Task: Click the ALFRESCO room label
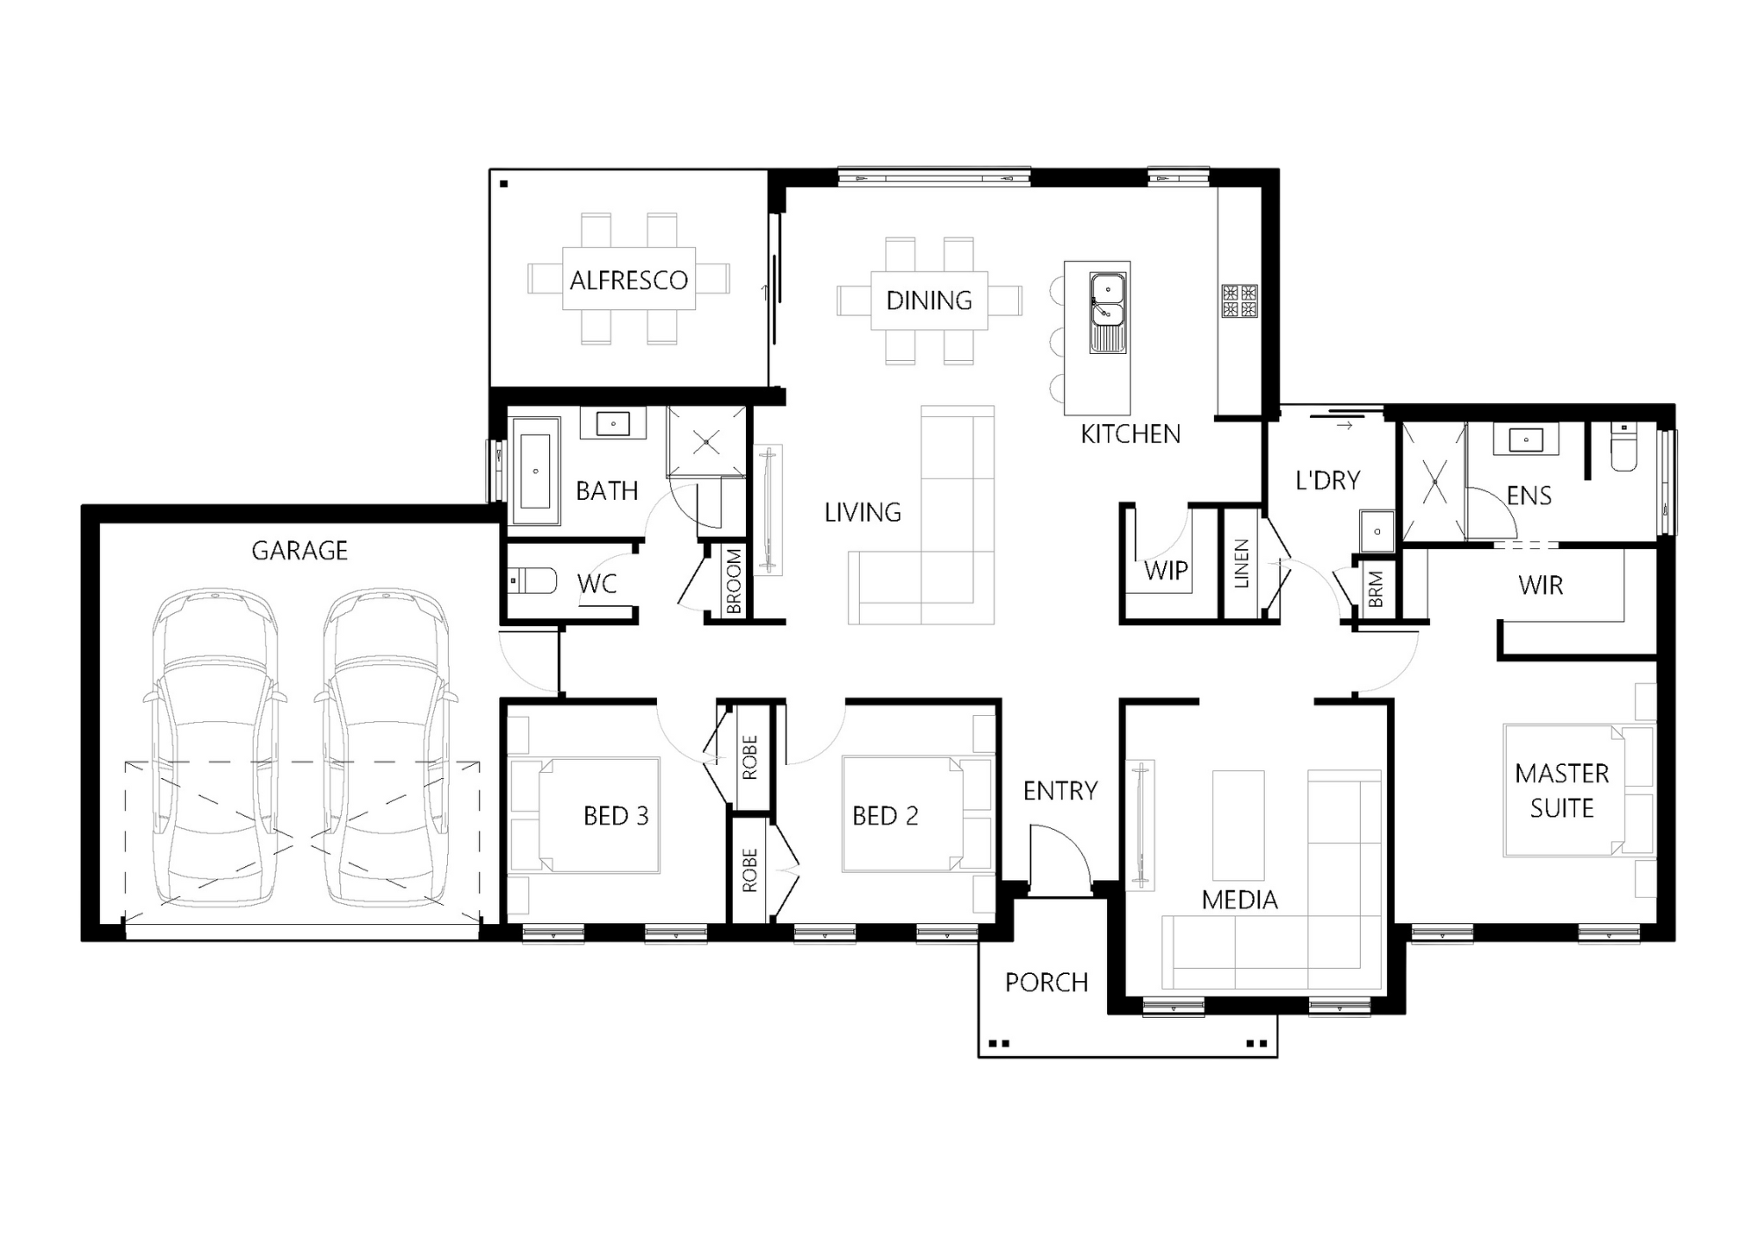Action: tap(628, 280)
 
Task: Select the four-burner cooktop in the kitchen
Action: tap(1240, 301)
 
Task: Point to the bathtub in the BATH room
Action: tap(535, 471)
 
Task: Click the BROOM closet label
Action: tap(734, 581)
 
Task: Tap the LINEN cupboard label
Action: tap(1241, 564)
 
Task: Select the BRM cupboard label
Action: tap(1376, 589)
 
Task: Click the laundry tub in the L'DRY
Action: tap(1377, 531)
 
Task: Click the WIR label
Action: tap(1541, 586)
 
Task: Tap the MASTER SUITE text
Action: tap(1562, 791)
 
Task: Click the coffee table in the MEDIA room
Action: tap(1239, 826)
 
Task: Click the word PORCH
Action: tap(1046, 982)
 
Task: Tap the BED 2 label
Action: tap(886, 816)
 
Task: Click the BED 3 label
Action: tap(616, 816)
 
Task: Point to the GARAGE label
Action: tap(300, 551)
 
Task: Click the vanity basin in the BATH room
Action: tap(613, 423)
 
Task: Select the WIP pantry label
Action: tap(1166, 571)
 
